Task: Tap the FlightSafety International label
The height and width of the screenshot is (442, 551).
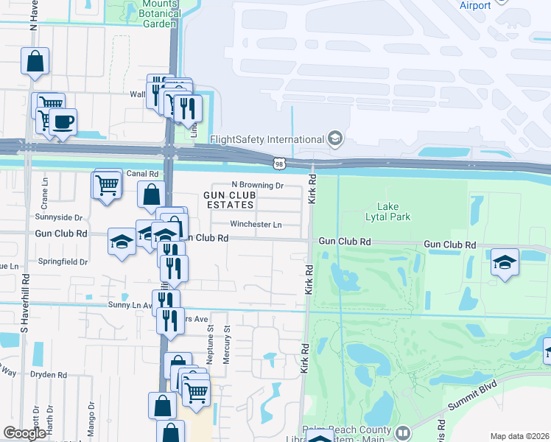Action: point(267,139)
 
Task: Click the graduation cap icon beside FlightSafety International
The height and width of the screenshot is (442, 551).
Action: point(335,138)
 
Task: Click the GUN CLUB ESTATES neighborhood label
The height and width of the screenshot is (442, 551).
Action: point(229,200)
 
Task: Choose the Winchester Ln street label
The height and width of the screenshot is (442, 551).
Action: point(256,224)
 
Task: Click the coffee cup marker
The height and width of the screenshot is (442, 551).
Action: point(63,122)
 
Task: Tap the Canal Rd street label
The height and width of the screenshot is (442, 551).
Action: point(143,174)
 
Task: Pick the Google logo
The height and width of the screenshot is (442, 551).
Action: point(24,433)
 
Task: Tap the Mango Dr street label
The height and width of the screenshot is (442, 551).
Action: point(91,419)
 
